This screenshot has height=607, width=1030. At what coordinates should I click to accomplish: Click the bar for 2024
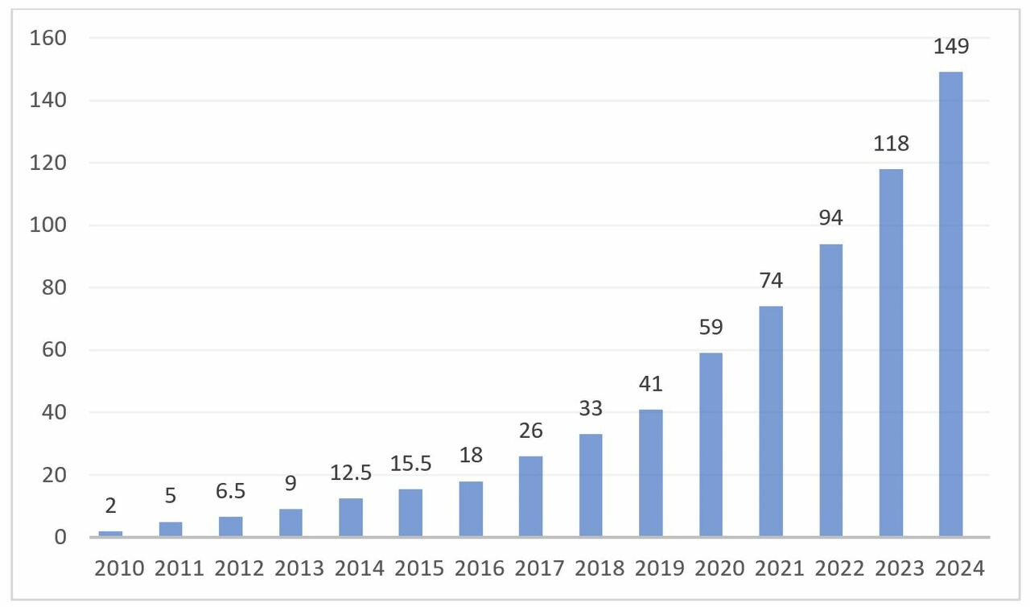[x=950, y=304]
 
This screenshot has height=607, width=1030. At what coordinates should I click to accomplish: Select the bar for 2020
[x=711, y=444]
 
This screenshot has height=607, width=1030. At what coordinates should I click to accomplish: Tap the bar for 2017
[x=530, y=496]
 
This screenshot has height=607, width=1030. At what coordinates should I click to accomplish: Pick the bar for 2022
[x=830, y=390]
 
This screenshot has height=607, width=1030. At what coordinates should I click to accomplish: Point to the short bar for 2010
[x=110, y=534]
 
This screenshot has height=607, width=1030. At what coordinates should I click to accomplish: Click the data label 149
[x=951, y=47]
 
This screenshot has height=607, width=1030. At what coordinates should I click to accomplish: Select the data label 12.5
[x=351, y=473]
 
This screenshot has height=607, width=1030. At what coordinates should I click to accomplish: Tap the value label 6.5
[x=230, y=492]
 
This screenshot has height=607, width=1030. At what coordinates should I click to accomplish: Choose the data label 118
[x=891, y=144]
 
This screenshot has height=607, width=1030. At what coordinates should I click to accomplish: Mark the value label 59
[x=711, y=328]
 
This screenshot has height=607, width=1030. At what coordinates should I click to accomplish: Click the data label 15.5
[x=410, y=464]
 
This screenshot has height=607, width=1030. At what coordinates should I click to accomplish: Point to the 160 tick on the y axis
[x=49, y=38]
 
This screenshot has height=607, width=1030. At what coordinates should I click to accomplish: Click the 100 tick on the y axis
[x=49, y=225]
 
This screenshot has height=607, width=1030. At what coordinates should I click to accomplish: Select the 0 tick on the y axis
[x=60, y=537]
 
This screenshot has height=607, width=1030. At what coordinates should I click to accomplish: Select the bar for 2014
[x=351, y=518]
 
